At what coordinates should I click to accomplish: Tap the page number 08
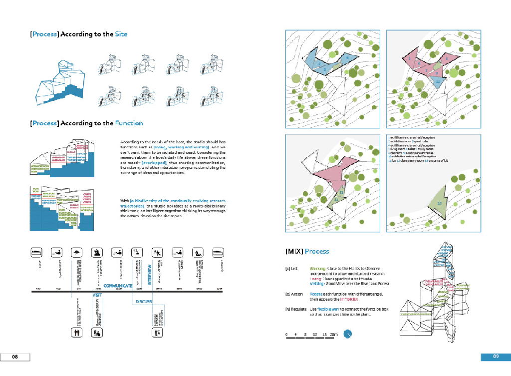[15, 357]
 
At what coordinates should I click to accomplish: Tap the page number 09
[496, 357]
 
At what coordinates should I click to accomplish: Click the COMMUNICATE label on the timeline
[118, 286]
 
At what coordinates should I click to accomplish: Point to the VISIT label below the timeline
[97, 296]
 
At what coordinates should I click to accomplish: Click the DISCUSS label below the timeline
[144, 301]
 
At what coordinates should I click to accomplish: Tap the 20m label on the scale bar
[334, 334]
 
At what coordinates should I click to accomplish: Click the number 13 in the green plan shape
[439, 203]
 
